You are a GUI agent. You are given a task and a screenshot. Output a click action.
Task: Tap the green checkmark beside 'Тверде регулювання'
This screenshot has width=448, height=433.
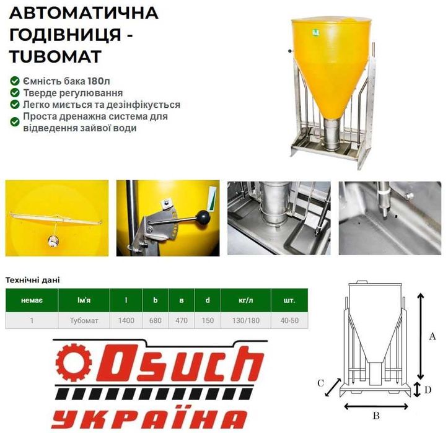[14, 93]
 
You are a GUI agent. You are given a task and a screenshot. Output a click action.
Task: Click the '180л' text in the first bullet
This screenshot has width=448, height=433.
[102, 81]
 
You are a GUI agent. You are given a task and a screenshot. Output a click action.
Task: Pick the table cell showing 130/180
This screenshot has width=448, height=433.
[246, 321]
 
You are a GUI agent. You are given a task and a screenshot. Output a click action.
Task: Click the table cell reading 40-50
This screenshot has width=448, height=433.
[289, 321]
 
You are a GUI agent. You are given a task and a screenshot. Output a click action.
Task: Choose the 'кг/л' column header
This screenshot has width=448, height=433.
[246, 300]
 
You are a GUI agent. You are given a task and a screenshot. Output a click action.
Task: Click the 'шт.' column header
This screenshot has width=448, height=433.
[289, 300]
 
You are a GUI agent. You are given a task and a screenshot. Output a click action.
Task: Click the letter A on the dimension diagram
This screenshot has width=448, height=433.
[433, 336]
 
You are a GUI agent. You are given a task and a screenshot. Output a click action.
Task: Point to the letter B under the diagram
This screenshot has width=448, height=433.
[376, 416]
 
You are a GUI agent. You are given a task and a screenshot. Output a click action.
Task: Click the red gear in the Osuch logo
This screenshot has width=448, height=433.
[69, 363]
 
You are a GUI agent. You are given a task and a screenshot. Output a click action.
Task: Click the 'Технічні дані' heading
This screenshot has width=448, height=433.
[32, 280]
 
